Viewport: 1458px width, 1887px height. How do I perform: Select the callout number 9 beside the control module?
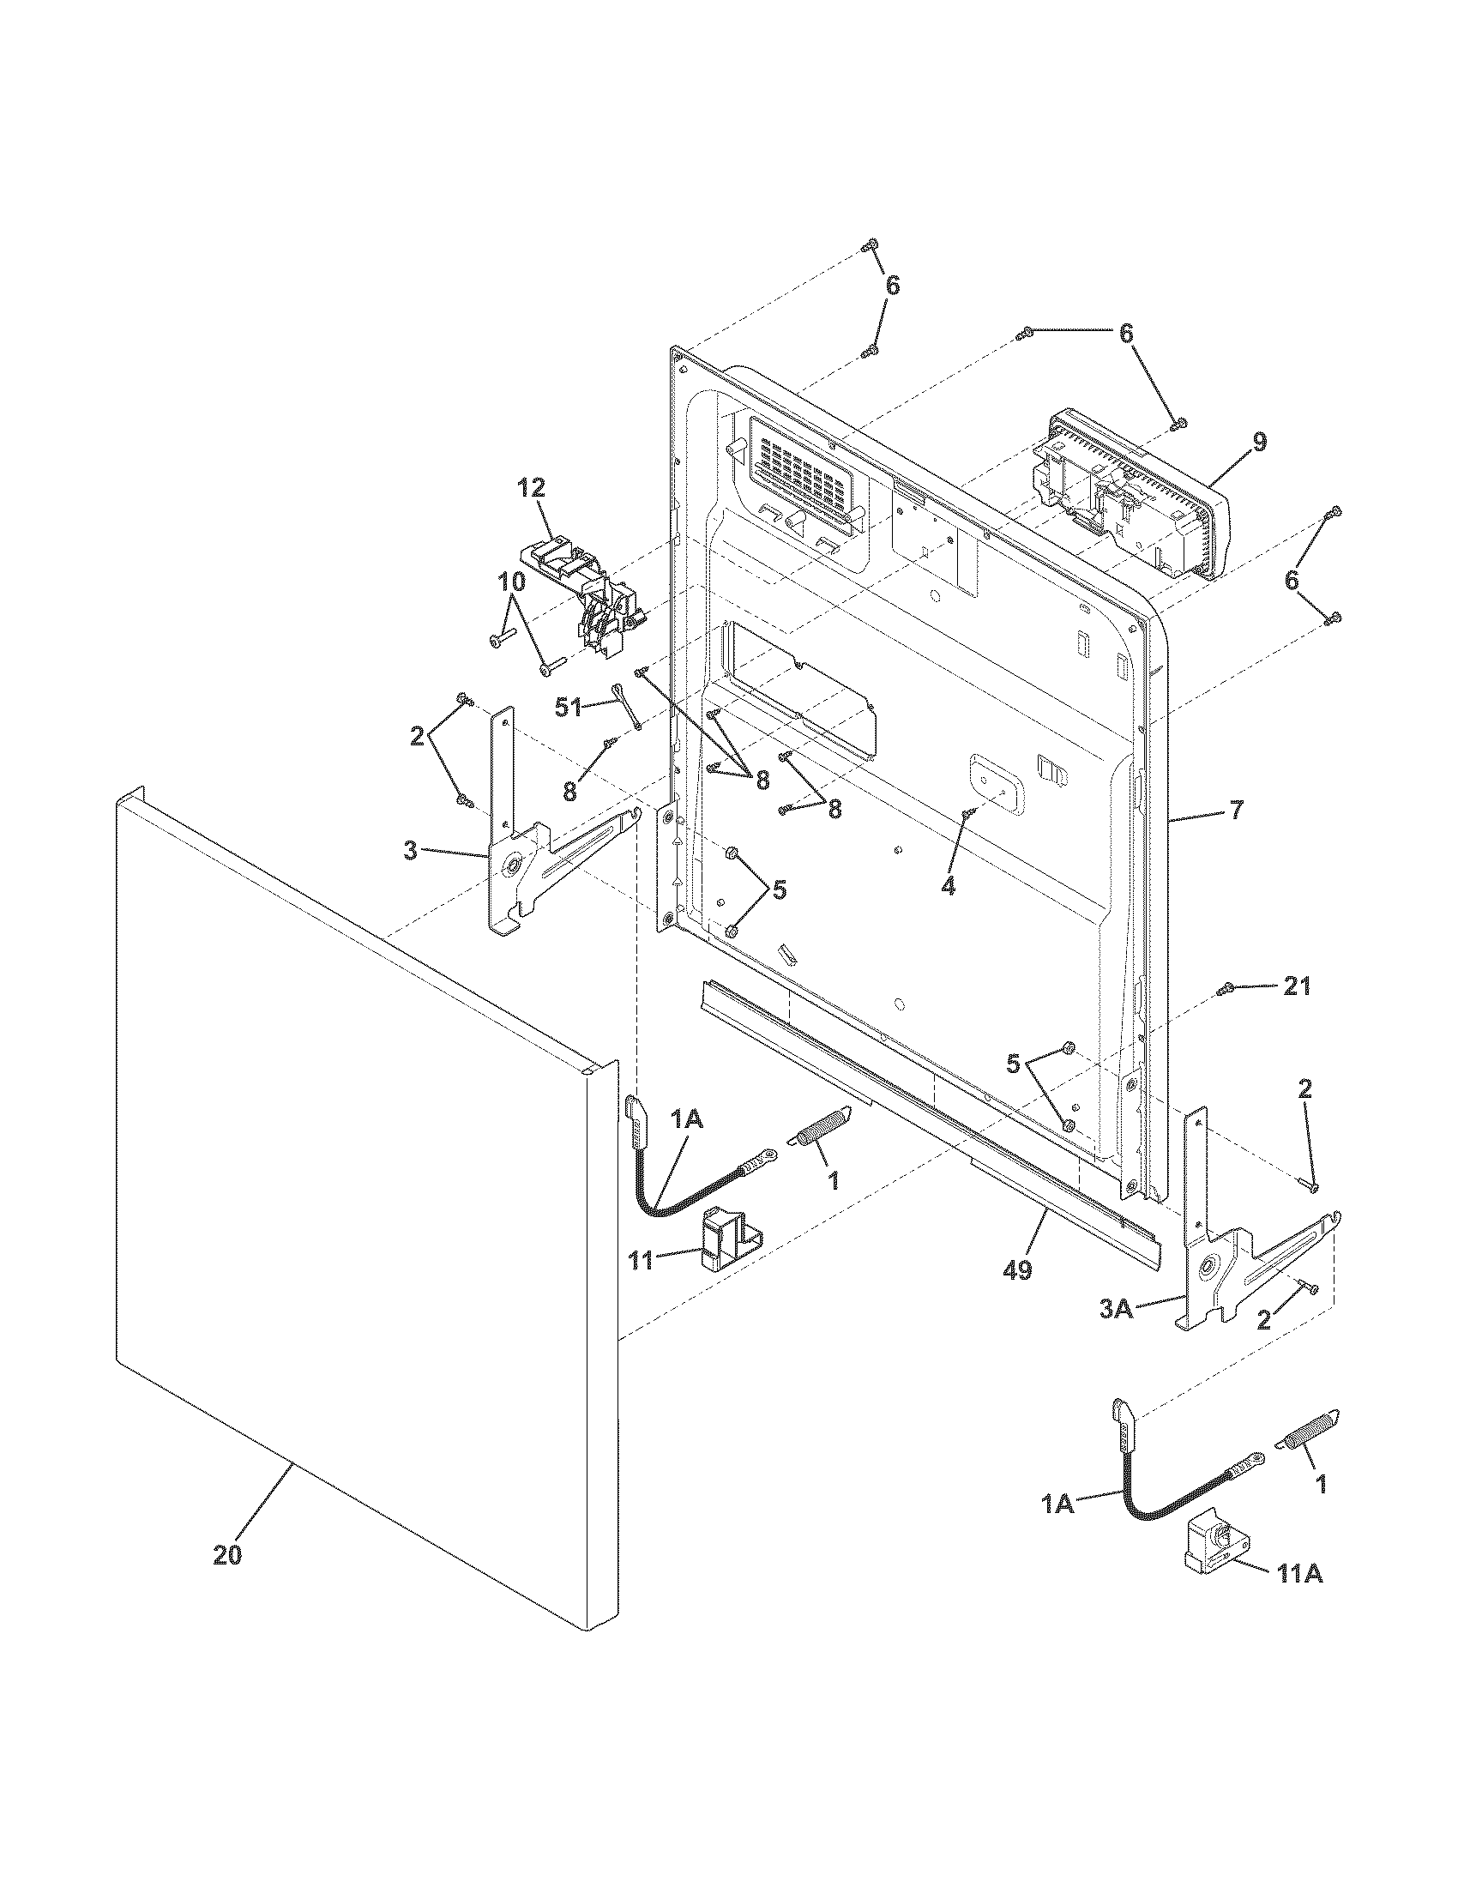pos(1260,443)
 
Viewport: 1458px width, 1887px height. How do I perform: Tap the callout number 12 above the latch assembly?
pos(532,488)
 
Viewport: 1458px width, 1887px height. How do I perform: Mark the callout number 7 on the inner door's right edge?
pos(1236,811)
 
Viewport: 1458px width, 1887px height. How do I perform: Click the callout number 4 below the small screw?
pos(948,886)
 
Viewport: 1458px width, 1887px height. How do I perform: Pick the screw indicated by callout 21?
pos(1223,989)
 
